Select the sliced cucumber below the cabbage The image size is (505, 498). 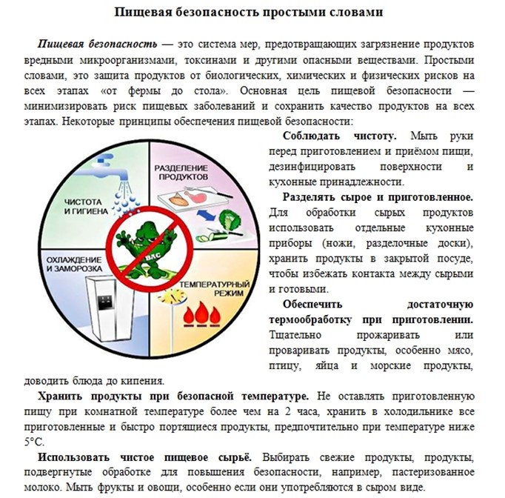pos(230,239)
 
